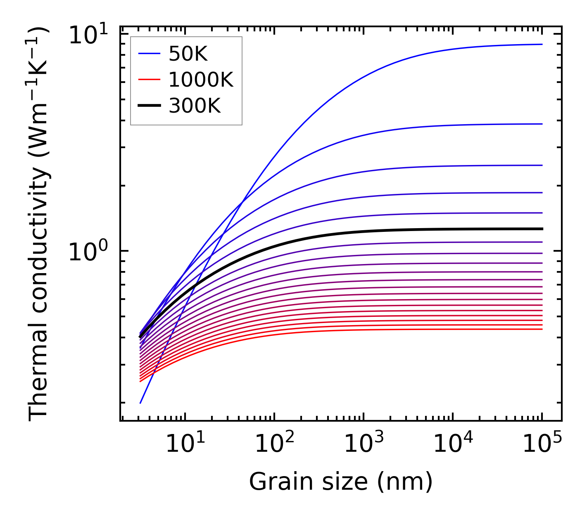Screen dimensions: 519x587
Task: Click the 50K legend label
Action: [x=188, y=54]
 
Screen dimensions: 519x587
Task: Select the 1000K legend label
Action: [x=201, y=80]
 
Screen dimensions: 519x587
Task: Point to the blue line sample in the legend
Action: [x=149, y=53]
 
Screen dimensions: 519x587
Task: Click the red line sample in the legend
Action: [x=149, y=79]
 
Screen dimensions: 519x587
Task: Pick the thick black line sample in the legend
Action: [x=149, y=106]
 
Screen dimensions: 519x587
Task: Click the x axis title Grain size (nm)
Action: [x=341, y=481]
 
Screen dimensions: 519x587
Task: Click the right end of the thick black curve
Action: [x=542, y=229]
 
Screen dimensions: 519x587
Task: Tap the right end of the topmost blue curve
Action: [x=542, y=44]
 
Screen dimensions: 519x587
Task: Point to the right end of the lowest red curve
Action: [x=542, y=329]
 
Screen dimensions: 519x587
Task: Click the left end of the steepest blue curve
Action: [x=140, y=403]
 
